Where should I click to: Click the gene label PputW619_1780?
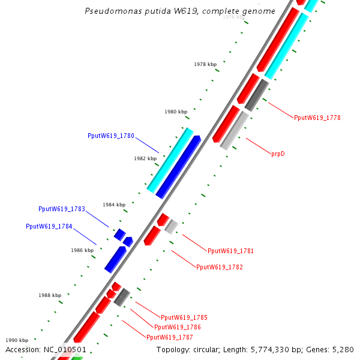point(110,136)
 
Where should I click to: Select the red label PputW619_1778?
point(317,118)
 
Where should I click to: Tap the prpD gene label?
point(278,154)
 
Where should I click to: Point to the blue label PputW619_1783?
point(62,209)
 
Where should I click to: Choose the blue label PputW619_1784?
point(49,226)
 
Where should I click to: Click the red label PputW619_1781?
point(230,251)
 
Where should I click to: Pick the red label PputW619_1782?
point(220,267)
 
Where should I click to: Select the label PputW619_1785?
point(184,317)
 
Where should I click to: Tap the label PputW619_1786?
point(178,327)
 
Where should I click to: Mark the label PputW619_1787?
point(170,337)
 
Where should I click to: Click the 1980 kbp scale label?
point(176,112)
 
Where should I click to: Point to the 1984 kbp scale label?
point(114,205)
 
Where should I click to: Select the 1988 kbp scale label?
point(50,295)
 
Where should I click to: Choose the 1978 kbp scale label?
point(205,64)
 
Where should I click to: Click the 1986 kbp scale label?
point(82,250)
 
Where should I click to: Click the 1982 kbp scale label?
point(145,158)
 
